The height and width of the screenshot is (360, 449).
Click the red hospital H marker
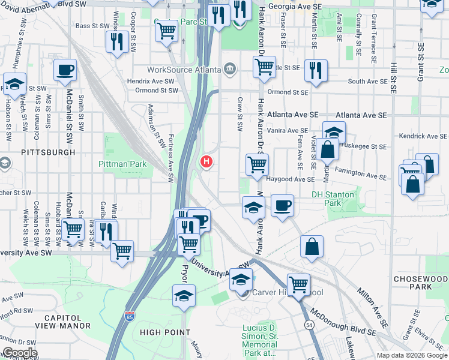coord(206,161)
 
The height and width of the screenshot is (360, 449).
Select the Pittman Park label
coord(123,163)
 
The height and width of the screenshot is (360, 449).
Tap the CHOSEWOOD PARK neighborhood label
coord(421,283)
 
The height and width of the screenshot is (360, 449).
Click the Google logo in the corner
coord(19,353)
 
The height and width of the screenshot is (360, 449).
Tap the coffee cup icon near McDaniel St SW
coord(65,70)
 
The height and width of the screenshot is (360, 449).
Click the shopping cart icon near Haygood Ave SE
coord(257,164)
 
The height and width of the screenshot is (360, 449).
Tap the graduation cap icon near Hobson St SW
coord(14,84)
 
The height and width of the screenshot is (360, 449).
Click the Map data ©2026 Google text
coord(412,355)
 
